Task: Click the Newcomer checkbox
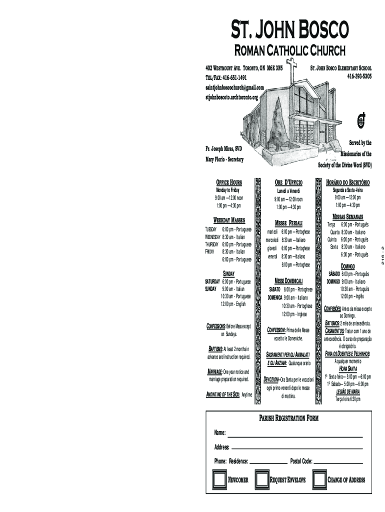tap(218, 479)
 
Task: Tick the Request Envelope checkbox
tap(261, 479)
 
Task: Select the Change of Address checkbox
tap(319, 479)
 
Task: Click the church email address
tap(234, 87)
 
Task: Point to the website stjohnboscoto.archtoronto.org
tap(231, 97)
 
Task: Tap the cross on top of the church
tap(292, 66)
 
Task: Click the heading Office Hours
tap(228, 183)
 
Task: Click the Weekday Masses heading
tap(229, 220)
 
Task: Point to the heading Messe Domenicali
tap(288, 281)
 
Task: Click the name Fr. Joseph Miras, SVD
tap(223, 149)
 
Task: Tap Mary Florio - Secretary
tap(224, 159)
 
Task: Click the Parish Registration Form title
tap(288, 418)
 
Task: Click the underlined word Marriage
tap(214, 372)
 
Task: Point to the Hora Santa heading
tap(348, 368)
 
